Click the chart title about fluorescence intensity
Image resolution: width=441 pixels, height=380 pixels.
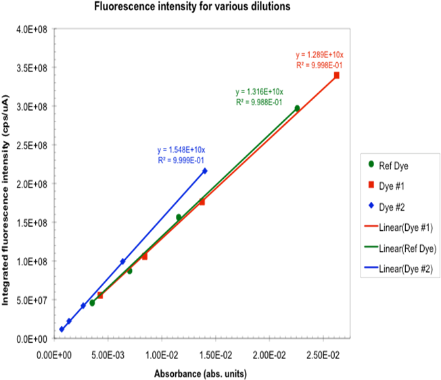pos(192,6)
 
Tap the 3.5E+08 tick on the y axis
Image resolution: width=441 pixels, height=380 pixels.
pos(32,68)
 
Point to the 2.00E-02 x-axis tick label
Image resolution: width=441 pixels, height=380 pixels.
pos(269,355)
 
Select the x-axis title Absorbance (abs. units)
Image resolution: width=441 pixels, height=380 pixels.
pos(200,374)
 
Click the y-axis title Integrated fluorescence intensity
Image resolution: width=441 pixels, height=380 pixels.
pos(5,200)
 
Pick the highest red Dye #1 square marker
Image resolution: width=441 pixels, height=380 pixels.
pos(336,75)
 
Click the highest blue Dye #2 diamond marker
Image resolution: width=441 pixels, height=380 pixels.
pos(205,171)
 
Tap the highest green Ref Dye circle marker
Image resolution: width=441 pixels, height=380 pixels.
pos(297,108)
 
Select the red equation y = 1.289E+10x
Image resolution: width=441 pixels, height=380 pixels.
pos(319,55)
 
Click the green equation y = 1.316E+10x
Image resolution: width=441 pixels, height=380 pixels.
pos(259,92)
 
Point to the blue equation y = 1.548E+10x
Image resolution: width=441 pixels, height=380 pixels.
pos(181,150)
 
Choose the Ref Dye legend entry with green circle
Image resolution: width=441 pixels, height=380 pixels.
pos(388,165)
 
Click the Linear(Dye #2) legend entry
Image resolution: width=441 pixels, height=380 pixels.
pos(398,269)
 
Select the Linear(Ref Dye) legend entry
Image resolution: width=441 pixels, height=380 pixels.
pos(400,248)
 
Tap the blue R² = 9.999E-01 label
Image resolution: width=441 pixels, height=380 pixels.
pos(181,161)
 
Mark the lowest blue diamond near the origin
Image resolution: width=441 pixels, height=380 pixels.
pos(62,329)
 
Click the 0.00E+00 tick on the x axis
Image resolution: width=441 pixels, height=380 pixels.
pos(54,355)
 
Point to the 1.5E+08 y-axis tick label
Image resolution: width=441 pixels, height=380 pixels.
pos(32,223)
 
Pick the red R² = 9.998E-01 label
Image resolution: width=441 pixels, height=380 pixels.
pos(319,65)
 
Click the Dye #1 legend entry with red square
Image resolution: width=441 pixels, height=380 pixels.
pos(386,186)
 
